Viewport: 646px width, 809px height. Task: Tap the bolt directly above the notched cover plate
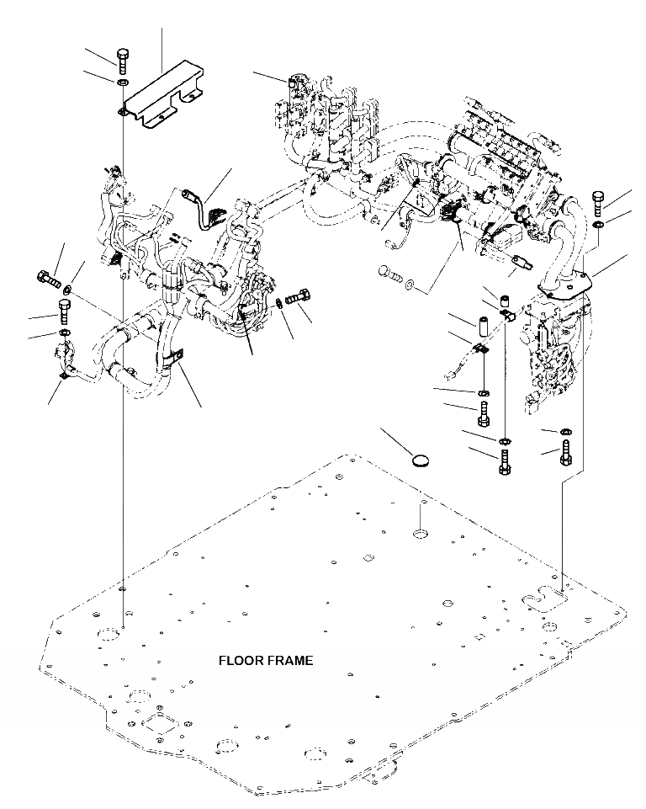pos(122,61)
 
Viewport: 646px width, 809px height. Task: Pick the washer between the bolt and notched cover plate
pos(123,82)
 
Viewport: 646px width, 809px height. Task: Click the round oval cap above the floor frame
pos(421,460)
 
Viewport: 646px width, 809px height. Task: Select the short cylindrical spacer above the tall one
pos(504,299)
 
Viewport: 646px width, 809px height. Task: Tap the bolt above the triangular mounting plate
pos(598,203)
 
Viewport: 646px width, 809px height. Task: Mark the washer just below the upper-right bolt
pos(598,225)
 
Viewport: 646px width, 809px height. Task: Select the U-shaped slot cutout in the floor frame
pos(544,599)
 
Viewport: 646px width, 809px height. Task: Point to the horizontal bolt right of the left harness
pos(296,297)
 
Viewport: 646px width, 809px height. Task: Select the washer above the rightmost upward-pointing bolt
pos(564,430)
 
